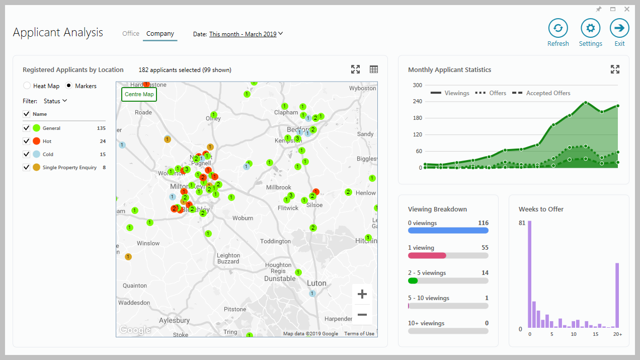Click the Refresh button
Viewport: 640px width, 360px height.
[x=558, y=28]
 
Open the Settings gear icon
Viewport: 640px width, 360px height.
[x=590, y=28]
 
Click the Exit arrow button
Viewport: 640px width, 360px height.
[x=619, y=28]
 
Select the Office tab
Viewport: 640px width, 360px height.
[x=131, y=34]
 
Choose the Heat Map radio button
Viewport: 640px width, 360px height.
[x=27, y=86]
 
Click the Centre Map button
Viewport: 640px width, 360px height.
[x=139, y=95]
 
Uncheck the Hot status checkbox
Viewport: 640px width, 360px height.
[x=27, y=141]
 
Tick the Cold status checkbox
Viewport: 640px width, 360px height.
[x=27, y=155]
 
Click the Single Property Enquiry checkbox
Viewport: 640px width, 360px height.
[x=27, y=168]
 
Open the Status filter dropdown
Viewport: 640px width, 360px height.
[x=55, y=101]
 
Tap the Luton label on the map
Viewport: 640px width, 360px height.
[x=316, y=283]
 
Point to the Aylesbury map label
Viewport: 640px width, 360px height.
[x=174, y=320]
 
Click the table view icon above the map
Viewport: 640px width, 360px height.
[x=374, y=69]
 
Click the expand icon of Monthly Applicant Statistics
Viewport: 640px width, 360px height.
[x=615, y=69]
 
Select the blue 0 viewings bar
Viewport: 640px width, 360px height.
[x=448, y=231]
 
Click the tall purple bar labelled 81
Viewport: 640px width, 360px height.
[x=529, y=274]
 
